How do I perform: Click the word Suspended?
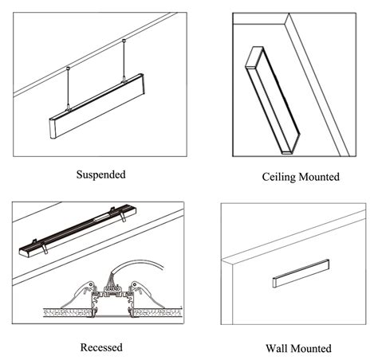point(101,174)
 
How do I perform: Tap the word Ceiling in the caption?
point(279,177)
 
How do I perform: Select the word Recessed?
point(101,347)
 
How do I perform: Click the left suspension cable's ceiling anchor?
point(68,68)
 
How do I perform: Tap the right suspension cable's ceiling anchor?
point(124,41)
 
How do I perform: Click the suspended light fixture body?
point(97,106)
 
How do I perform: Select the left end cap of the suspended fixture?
point(53,129)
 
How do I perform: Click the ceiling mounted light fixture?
point(273,100)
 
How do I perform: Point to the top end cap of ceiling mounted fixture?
point(254,57)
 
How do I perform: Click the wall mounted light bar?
point(301,273)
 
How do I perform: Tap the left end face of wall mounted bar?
point(274,283)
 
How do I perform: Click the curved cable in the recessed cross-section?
point(138,265)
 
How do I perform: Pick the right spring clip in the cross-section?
point(147,294)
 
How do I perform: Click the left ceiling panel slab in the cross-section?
point(68,312)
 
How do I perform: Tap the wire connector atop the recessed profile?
point(112,286)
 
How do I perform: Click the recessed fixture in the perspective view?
point(77,230)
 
